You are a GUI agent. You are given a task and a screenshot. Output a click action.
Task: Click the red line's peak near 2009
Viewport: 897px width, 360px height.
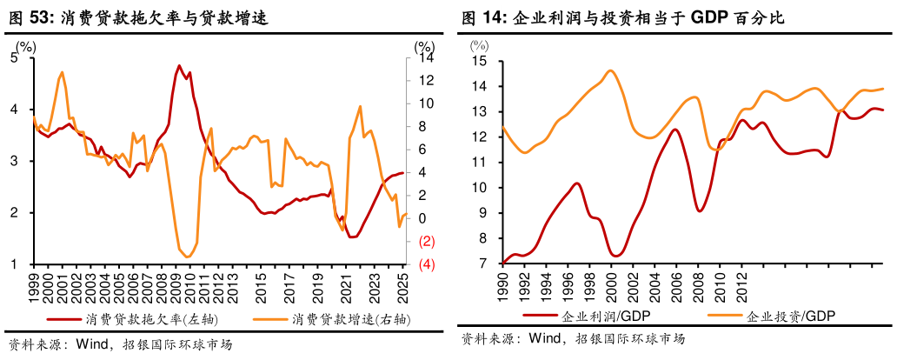[179, 65]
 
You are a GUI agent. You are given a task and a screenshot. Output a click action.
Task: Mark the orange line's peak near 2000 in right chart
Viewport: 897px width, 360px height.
[610, 70]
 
